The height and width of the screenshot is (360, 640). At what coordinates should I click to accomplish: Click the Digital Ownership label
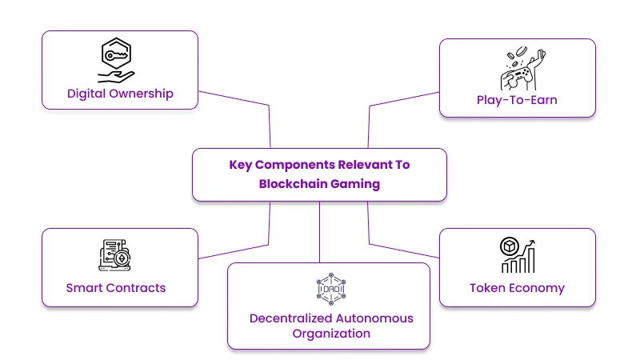[x=119, y=94]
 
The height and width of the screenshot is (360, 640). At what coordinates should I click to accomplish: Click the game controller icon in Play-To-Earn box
[x=518, y=70]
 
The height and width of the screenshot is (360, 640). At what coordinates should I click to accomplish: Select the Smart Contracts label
[x=116, y=287]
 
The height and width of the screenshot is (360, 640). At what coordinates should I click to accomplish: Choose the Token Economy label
[x=517, y=287]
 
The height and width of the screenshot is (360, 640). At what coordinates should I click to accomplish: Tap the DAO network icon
[x=329, y=289]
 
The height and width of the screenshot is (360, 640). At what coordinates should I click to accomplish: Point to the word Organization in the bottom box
[x=329, y=333]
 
